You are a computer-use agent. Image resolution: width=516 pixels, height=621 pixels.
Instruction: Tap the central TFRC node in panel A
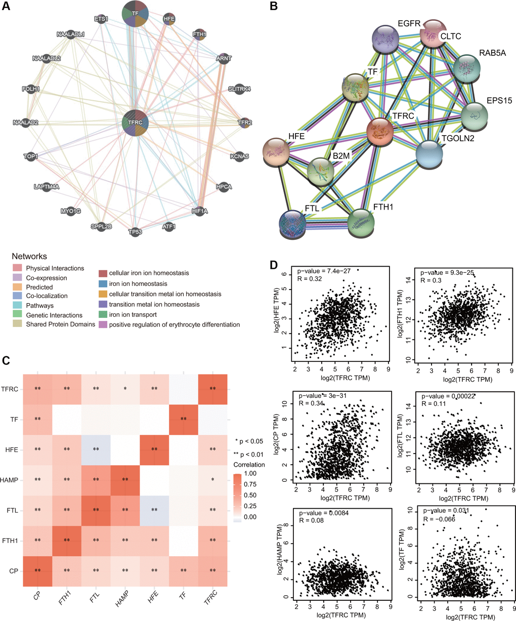(x=135, y=122)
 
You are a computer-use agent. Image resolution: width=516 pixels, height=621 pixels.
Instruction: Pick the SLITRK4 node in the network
(x=239, y=89)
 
